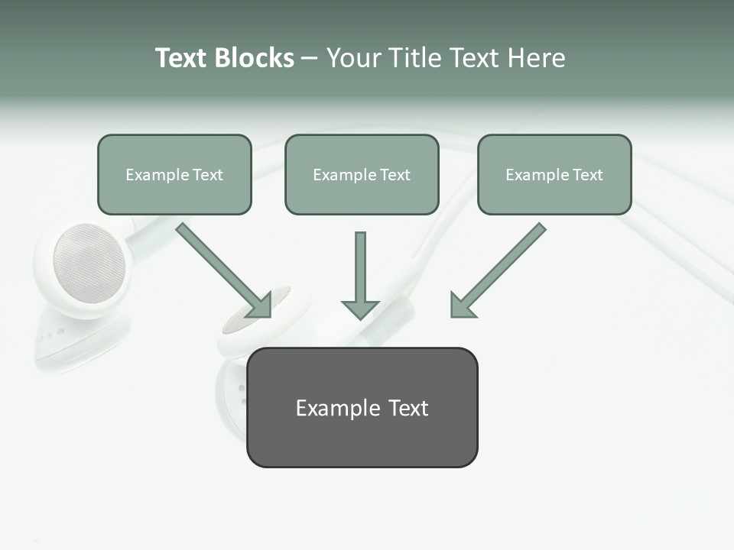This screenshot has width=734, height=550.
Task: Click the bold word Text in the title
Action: [x=180, y=58]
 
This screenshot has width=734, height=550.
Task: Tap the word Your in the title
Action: [x=353, y=58]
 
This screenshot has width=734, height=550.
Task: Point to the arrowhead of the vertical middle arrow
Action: [x=360, y=309]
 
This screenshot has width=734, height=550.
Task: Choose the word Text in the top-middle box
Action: [x=395, y=175]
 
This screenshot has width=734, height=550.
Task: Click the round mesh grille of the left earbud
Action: [x=89, y=263]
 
